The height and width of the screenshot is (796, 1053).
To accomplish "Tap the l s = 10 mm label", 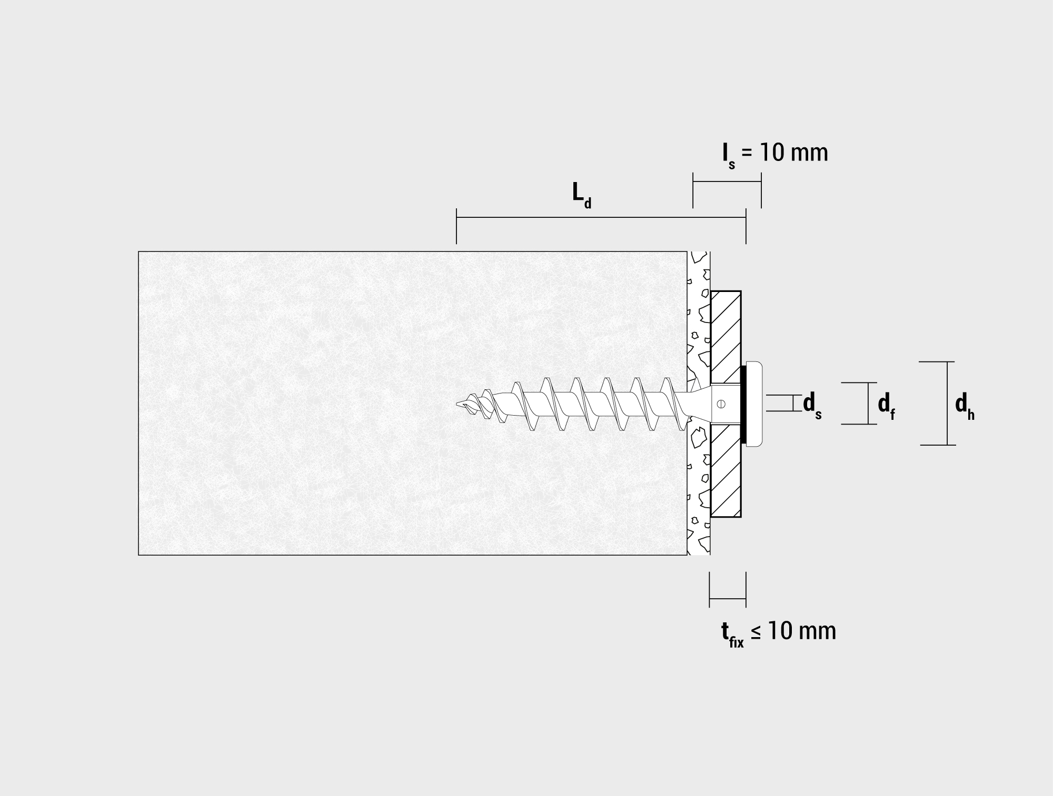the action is (x=775, y=154).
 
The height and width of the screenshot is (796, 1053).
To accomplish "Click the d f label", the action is (x=886, y=406).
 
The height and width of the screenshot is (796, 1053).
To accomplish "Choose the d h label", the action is (x=965, y=406).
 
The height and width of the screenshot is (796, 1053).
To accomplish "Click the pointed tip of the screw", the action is (x=457, y=404).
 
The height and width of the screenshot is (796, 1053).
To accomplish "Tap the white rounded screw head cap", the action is (x=754, y=404).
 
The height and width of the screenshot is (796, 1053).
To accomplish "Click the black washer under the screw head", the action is (x=743, y=404).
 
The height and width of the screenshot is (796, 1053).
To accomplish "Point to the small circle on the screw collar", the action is (x=721, y=404).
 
